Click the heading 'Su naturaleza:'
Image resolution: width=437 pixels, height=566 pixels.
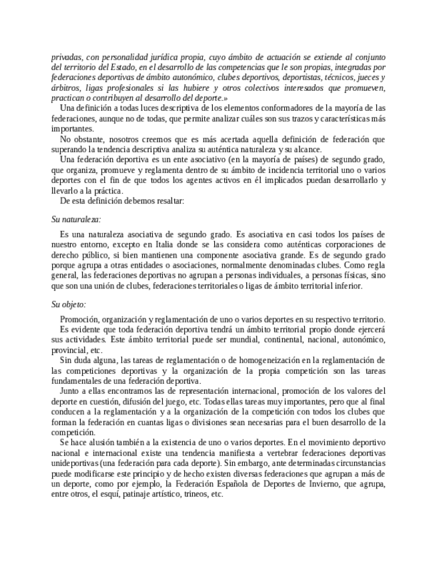coord(76,218)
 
